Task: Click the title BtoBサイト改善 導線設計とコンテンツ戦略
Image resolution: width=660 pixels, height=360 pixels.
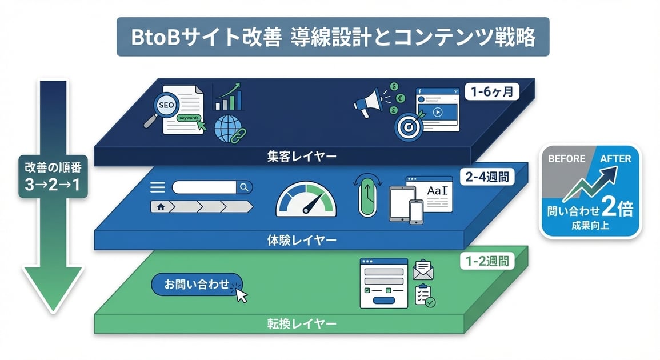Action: (x=333, y=37)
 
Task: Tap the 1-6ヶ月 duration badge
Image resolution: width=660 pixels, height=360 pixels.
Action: (x=491, y=91)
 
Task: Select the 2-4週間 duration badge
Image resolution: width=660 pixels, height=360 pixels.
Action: (x=487, y=177)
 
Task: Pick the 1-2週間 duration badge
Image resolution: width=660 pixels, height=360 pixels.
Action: (x=487, y=262)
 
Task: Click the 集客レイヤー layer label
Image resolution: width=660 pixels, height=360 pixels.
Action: (x=302, y=155)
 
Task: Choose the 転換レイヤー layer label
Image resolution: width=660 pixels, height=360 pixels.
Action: (x=302, y=325)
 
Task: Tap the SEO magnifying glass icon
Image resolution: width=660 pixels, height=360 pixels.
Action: (x=170, y=107)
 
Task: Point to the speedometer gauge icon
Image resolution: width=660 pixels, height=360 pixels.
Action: (x=306, y=200)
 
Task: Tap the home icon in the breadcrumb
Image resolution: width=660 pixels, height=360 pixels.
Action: (x=160, y=207)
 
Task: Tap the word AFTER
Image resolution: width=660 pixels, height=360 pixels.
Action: (x=615, y=158)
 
